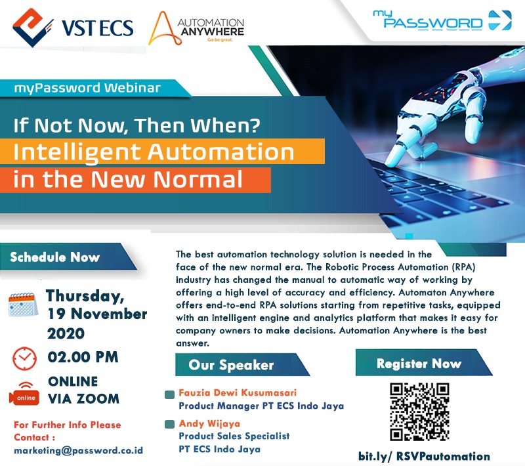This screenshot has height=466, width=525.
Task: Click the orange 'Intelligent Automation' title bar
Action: pyautogui.click(x=154, y=152)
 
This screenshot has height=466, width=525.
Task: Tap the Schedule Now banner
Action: pyautogui.click(x=56, y=257)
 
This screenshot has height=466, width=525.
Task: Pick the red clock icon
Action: pyautogui.click(x=25, y=358)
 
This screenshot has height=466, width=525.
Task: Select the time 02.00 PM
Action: pyautogui.click(x=83, y=358)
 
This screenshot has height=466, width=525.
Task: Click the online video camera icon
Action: pyautogui.click(x=24, y=392)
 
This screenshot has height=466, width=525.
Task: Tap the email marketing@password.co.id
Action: pyautogui.click(x=78, y=451)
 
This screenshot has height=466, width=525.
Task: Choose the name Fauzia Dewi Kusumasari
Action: pyautogui.click(x=236, y=394)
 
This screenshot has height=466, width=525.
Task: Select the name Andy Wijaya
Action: pyautogui.click(x=207, y=424)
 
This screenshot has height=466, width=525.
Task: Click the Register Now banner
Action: pyautogui.click(x=419, y=363)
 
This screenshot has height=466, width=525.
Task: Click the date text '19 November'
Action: pyautogui.click(x=97, y=314)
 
